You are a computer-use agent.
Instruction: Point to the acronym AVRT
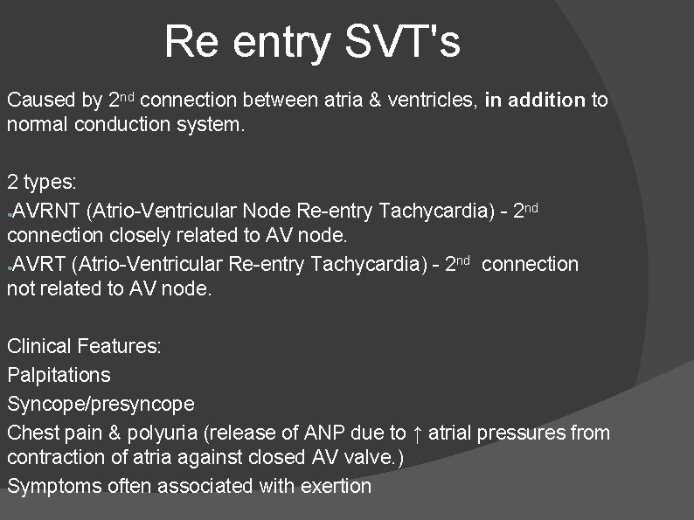(x=38, y=264)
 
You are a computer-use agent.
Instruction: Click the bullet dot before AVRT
(x=9, y=267)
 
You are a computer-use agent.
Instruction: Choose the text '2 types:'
(x=42, y=183)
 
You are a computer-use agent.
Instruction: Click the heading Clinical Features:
(x=84, y=346)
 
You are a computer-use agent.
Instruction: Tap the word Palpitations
(x=59, y=375)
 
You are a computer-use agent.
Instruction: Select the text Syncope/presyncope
(x=101, y=404)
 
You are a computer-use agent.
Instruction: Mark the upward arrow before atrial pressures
(x=420, y=432)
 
